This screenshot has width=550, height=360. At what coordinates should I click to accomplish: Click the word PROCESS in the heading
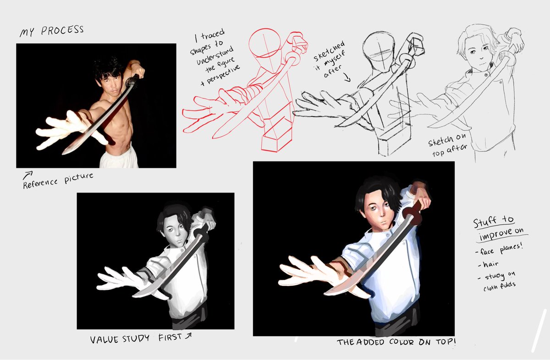point(62,30)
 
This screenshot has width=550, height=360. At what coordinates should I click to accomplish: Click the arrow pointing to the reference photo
point(27,175)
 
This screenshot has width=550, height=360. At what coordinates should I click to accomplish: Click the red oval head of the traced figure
point(264,43)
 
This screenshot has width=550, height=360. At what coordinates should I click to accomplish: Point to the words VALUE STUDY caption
point(120,339)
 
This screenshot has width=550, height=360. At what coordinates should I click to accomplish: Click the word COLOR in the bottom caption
point(401,342)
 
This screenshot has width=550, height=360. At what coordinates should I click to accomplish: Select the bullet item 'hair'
point(488,264)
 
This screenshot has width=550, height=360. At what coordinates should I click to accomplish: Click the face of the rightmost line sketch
point(478,54)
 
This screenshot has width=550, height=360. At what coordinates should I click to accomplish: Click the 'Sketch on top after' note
point(447,145)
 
